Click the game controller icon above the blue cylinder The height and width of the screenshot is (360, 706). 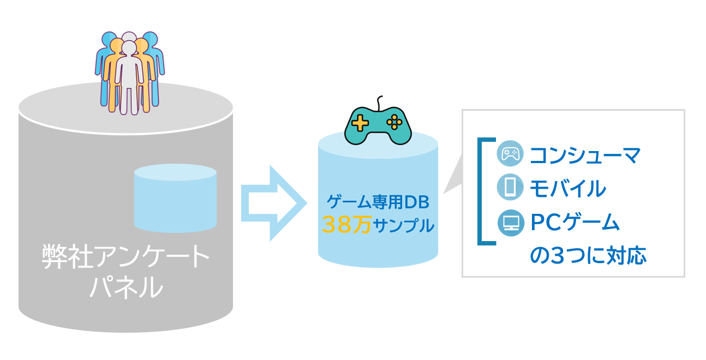[x=378, y=125]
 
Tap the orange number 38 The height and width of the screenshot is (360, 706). [x=334, y=225]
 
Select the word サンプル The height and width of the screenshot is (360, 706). [x=404, y=225]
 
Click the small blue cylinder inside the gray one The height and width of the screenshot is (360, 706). [x=175, y=198]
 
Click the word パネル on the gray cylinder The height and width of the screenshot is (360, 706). [x=125, y=287]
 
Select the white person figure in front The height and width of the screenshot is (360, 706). [x=129, y=76]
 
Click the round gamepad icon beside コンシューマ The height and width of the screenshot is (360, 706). [x=510, y=154]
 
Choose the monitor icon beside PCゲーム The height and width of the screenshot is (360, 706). [x=510, y=223]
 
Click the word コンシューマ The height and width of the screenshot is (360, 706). [x=584, y=155]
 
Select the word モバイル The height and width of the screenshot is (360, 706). [x=567, y=189]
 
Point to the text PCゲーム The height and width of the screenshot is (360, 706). [x=575, y=223]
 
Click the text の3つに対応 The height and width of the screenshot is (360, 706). [x=588, y=255]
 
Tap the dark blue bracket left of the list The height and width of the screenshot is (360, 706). [x=481, y=191]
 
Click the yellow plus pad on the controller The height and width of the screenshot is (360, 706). [x=360, y=123]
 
